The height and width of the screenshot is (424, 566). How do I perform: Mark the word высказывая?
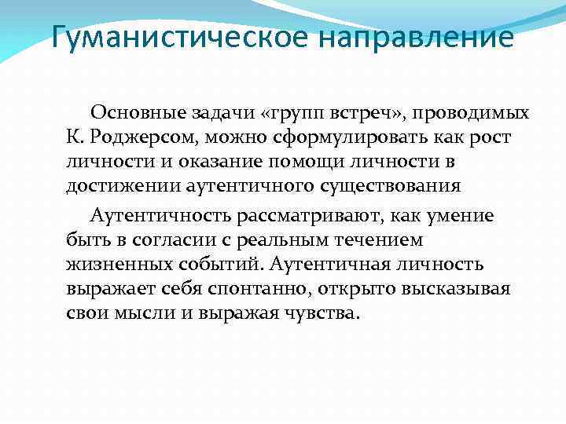pos(456,287)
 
